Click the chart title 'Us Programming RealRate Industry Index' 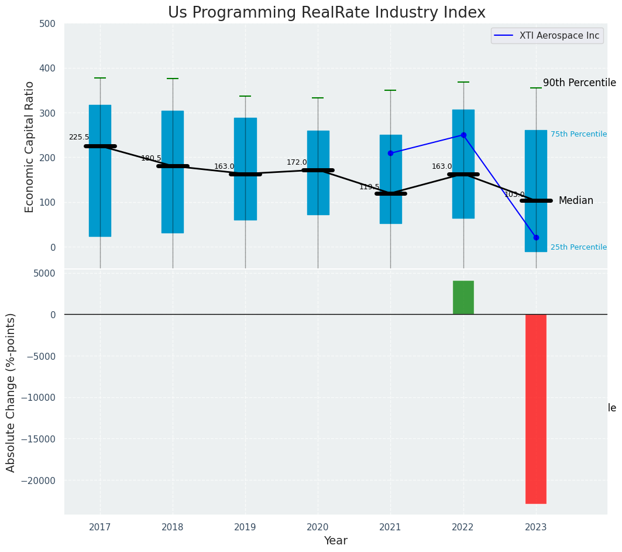coord(327,13)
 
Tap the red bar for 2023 coord(535,408)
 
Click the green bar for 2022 coord(463,297)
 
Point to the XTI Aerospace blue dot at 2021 coord(390,153)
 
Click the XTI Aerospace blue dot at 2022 coord(463,135)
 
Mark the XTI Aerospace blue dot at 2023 coord(536,237)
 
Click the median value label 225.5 coord(79,137)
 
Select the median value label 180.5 coord(151,158)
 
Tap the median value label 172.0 coord(297,162)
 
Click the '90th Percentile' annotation coord(579,83)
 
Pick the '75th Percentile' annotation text coord(578,134)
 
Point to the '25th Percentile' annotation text coord(578,247)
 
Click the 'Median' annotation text coord(576,201)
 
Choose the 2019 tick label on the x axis coord(245,527)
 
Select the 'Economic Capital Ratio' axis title coord(30,146)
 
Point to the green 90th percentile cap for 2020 coord(318,98)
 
